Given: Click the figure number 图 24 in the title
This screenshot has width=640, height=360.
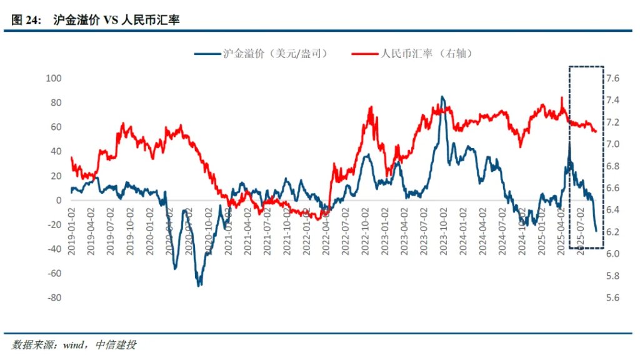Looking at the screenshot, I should pyautogui.click(x=25, y=20).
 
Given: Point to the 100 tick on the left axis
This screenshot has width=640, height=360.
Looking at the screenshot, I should pyautogui.click(x=54, y=78).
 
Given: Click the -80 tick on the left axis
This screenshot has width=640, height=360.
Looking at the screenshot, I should pyautogui.click(x=54, y=297).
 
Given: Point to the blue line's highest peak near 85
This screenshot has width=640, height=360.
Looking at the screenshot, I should pyautogui.click(x=442, y=97).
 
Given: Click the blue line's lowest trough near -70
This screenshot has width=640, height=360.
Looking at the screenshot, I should pyautogui.click(x=199, y=286).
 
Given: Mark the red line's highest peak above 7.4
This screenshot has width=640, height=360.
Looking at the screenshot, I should pyautogui.click(x=562, y=97).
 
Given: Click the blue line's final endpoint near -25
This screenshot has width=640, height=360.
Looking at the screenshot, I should pyautogui.click(x=596, y=231).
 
